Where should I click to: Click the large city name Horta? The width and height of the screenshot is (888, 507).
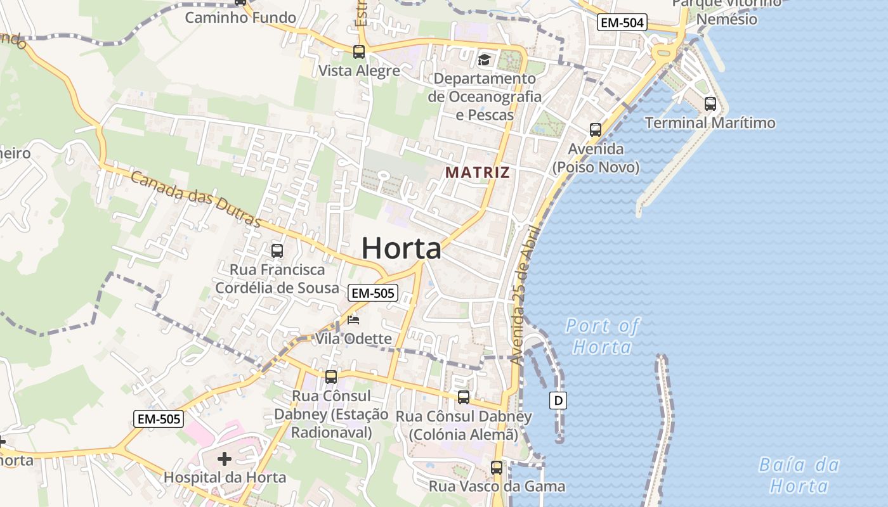[x=401, y=248]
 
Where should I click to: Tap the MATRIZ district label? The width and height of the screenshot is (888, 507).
[x=477, y=172]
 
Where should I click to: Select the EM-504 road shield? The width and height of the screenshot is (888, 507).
[x=621, y=23]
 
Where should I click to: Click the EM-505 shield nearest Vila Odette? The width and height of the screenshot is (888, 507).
[x=373, y=293]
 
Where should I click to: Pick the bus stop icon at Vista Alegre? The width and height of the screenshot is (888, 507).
[x=359, y=52]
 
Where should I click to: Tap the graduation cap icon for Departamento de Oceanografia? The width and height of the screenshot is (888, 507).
[x=485, y=60]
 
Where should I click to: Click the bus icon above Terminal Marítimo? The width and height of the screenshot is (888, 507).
[x=710, y=104]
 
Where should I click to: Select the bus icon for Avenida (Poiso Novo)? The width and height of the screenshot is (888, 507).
[x=596, y=130]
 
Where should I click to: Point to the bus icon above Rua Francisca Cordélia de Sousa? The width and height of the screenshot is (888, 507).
[x=277, y=250]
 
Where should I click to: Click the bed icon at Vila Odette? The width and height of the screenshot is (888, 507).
[x=353, y=320]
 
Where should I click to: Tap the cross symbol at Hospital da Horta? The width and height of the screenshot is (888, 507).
[x=225, y=458]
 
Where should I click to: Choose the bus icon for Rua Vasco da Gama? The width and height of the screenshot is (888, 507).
[x=497, y=468]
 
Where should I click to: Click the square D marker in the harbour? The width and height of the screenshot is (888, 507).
[x=558, y=401]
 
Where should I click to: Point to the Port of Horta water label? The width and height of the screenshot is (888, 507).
[x=603, y=337]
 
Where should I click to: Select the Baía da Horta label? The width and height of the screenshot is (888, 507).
[x=799, y=475]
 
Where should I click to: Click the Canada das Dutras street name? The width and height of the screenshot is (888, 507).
[x=196, y=200]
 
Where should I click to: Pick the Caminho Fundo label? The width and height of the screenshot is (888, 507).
[x=240, y=18]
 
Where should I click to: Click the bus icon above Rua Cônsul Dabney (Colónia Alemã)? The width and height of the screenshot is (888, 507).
[x=464, y=397]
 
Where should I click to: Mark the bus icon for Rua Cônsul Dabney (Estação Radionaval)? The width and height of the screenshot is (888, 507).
[x=331, y=377]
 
